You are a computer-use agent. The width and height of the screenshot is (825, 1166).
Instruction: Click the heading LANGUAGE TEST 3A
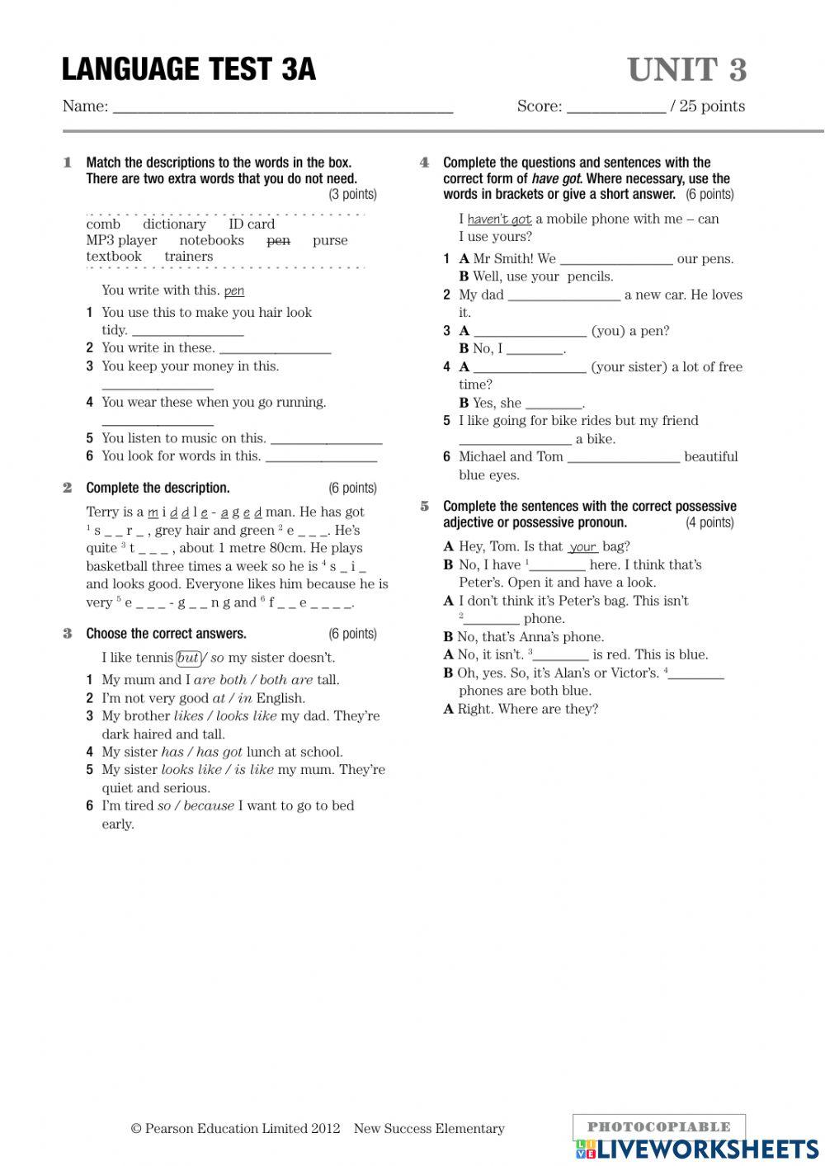pos(188,69)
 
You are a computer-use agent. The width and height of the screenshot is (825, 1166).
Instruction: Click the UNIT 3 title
pos(686,70)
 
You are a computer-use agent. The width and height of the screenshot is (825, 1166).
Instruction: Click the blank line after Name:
pos(282,106)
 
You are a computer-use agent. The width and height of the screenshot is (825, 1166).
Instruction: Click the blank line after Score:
pos(616,106)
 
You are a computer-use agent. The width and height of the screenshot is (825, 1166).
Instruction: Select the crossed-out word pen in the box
pos(278,241)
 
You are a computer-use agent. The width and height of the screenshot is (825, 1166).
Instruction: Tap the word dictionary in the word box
pos(174,224)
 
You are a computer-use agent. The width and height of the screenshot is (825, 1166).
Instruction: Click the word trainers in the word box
pos(188,257)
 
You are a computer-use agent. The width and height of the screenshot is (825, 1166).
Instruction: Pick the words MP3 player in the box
pos(121,241)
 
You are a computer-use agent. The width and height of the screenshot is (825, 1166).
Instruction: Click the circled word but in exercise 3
pos(188,658)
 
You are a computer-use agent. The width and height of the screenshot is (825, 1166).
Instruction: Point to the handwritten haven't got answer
pos(499,220)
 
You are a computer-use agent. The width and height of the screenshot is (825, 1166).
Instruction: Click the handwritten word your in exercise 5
pos(583,547)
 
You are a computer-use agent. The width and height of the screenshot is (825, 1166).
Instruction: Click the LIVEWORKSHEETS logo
pos(697,1149)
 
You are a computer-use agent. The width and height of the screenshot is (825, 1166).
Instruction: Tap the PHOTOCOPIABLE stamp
pos(658,1126)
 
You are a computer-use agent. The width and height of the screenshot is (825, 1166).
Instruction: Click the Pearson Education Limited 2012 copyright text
pos(235,1129)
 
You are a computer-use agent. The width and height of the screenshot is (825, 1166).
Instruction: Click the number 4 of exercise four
pos(424,163)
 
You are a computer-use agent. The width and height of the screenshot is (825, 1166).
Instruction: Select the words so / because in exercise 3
pos(196,806)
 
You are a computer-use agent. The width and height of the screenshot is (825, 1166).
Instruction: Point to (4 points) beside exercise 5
pos(709,522)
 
